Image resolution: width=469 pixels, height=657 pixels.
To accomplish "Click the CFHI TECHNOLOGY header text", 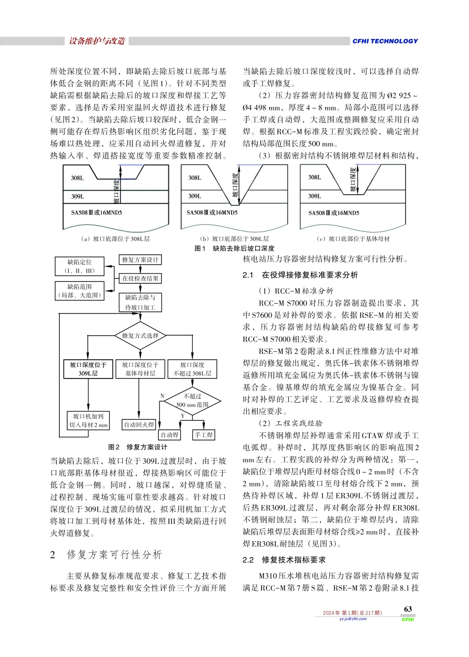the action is [x=385, y=41].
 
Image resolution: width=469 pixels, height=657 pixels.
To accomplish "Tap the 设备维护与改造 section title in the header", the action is [x=97, y=41].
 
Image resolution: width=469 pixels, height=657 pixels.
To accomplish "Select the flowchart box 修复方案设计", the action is [x=140, y=260].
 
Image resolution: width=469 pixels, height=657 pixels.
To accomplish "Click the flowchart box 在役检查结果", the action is [x=140, y=278].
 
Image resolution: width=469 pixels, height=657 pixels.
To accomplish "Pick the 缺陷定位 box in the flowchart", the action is [x=79, y=266].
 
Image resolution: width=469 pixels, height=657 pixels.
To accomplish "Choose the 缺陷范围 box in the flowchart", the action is [x=79, y=291].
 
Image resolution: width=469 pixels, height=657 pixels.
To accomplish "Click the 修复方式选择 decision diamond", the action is [x=140, y=336].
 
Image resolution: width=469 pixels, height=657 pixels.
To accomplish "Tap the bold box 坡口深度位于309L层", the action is [x=88, y=369].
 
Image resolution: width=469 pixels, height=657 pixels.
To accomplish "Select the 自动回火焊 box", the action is [x=139, y=424].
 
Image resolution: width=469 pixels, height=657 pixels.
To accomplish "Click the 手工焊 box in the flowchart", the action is [x=203, y=435].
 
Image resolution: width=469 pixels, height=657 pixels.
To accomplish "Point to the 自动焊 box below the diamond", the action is [x=169, y=435].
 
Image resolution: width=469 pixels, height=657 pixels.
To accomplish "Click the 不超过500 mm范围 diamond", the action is [x=192, y=400].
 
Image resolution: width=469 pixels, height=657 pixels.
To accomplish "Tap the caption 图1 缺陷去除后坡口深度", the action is [x=234, y=248].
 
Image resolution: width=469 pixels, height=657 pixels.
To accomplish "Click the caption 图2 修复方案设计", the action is [x=138, y=447].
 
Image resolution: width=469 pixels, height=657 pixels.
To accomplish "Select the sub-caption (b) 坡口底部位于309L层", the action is [x=234, y=239].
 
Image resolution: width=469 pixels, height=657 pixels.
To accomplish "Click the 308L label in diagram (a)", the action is [x=77, y=178].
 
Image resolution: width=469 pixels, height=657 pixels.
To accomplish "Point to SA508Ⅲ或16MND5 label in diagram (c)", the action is [x=334, y=213].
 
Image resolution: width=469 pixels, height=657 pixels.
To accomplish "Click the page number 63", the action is [x=408, y=609].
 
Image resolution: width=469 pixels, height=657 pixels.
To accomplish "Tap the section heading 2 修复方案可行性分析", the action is [x=106, y=555].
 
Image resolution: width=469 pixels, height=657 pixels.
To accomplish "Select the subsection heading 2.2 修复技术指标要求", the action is [x=284, y=560].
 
